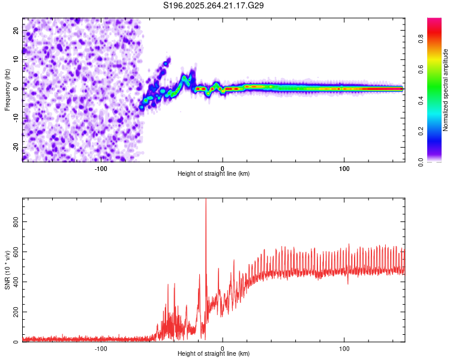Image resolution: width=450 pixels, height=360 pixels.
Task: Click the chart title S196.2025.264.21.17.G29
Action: click(x=214, y=5)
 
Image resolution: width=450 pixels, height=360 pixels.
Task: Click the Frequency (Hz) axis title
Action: click(x=7, y=89)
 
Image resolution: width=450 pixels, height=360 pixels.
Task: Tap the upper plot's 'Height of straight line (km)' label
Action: click(x=214, y=174)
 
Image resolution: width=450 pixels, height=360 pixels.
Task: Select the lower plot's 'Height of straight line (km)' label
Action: click(x=214, y=354)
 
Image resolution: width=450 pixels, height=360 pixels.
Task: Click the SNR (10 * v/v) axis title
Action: click(x=7, y=270)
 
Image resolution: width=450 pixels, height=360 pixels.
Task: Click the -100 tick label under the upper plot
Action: click(x=101, y=168)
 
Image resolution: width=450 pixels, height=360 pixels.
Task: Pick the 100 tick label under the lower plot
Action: click(x=344, y=348)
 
